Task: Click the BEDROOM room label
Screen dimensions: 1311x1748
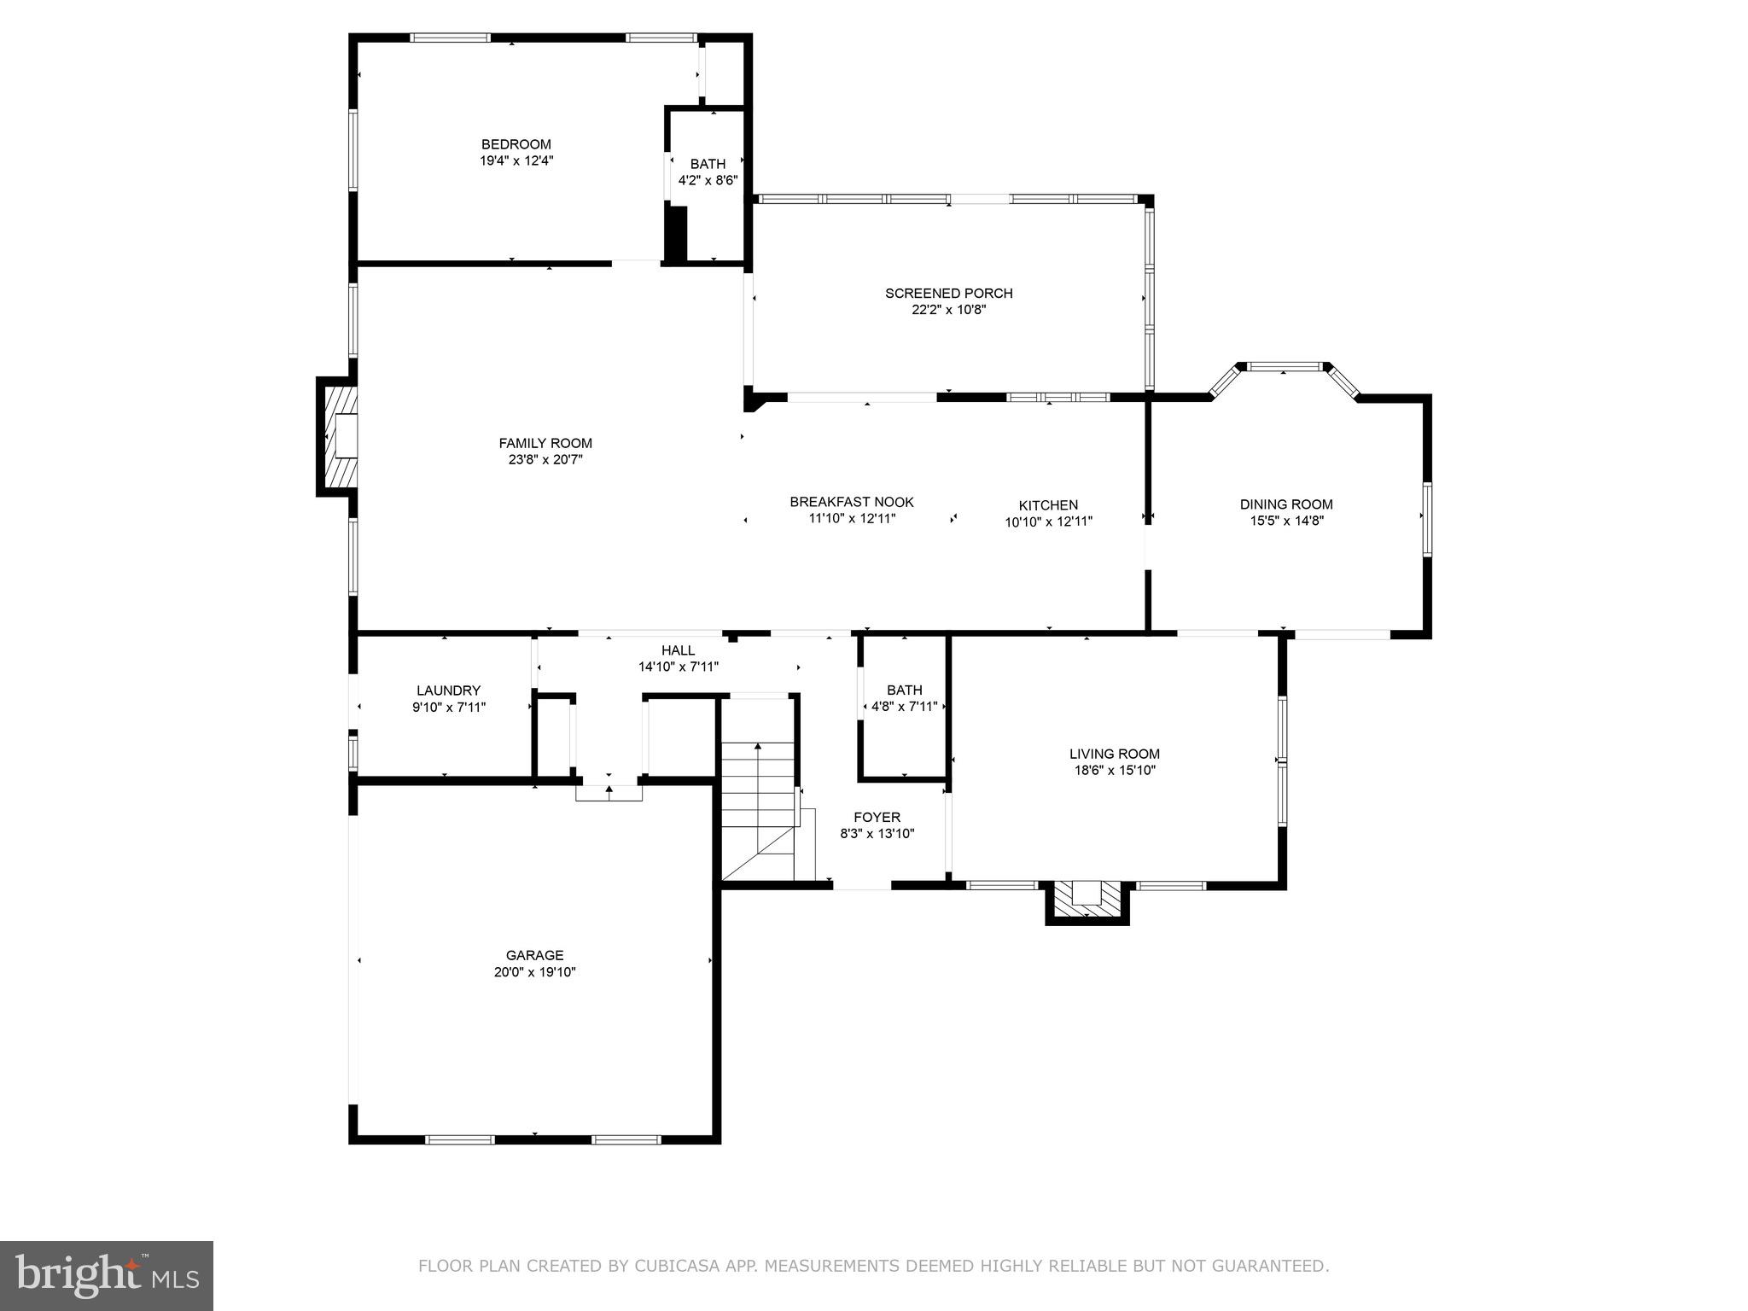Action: coord(516,144)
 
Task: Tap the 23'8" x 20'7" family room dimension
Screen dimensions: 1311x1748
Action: coord(546,459)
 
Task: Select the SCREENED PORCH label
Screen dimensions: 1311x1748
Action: coord(948,294)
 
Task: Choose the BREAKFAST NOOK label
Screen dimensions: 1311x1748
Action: coord(851,502)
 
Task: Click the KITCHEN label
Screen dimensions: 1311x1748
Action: coord(1048,505)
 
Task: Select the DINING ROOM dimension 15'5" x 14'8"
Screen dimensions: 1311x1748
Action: coord(1285,521)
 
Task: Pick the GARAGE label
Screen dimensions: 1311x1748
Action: coord(534,955)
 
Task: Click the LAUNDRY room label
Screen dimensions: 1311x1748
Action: coord(448,690)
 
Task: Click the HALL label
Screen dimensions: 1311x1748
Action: coord(678,650)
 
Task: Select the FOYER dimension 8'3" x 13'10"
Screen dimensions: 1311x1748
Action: coord(877,834)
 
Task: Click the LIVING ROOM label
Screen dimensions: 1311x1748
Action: coord(1114,754)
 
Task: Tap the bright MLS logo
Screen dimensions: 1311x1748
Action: coord(106,1274)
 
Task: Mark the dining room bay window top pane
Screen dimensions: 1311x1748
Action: coord(1285,367)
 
